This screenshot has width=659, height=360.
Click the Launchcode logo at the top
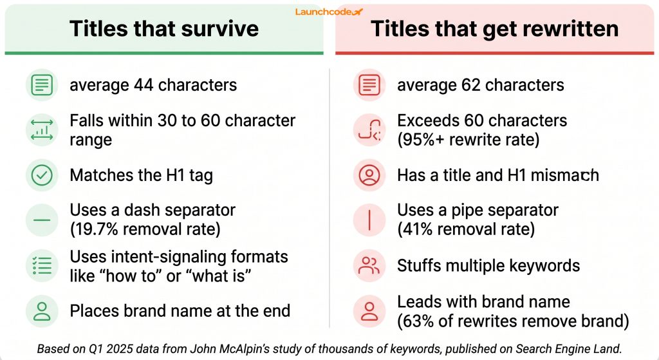coord(329,12)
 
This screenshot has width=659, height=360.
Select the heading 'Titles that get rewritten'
coord(494,29)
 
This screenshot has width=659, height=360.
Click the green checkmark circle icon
coord(42,176)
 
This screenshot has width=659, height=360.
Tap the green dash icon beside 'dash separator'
coord(42,220)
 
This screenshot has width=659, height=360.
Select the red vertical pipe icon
coord(370,220)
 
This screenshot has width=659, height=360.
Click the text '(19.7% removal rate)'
coord(145,229)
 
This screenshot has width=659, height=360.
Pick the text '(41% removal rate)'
coord(465,229)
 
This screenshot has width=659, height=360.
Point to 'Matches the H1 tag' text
coord(142,176)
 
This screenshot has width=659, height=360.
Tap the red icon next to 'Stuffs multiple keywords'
coord(370,265)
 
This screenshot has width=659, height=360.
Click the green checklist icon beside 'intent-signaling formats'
coord(42,265)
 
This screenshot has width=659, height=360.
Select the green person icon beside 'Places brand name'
coord(42,311)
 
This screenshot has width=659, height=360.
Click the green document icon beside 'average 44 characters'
coord(42,85)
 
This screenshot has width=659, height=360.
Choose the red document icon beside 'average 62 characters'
coord(370,85)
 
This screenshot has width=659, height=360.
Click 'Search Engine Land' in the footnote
coord(567,349)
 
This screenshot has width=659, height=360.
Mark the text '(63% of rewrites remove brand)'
coord(512,320)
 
